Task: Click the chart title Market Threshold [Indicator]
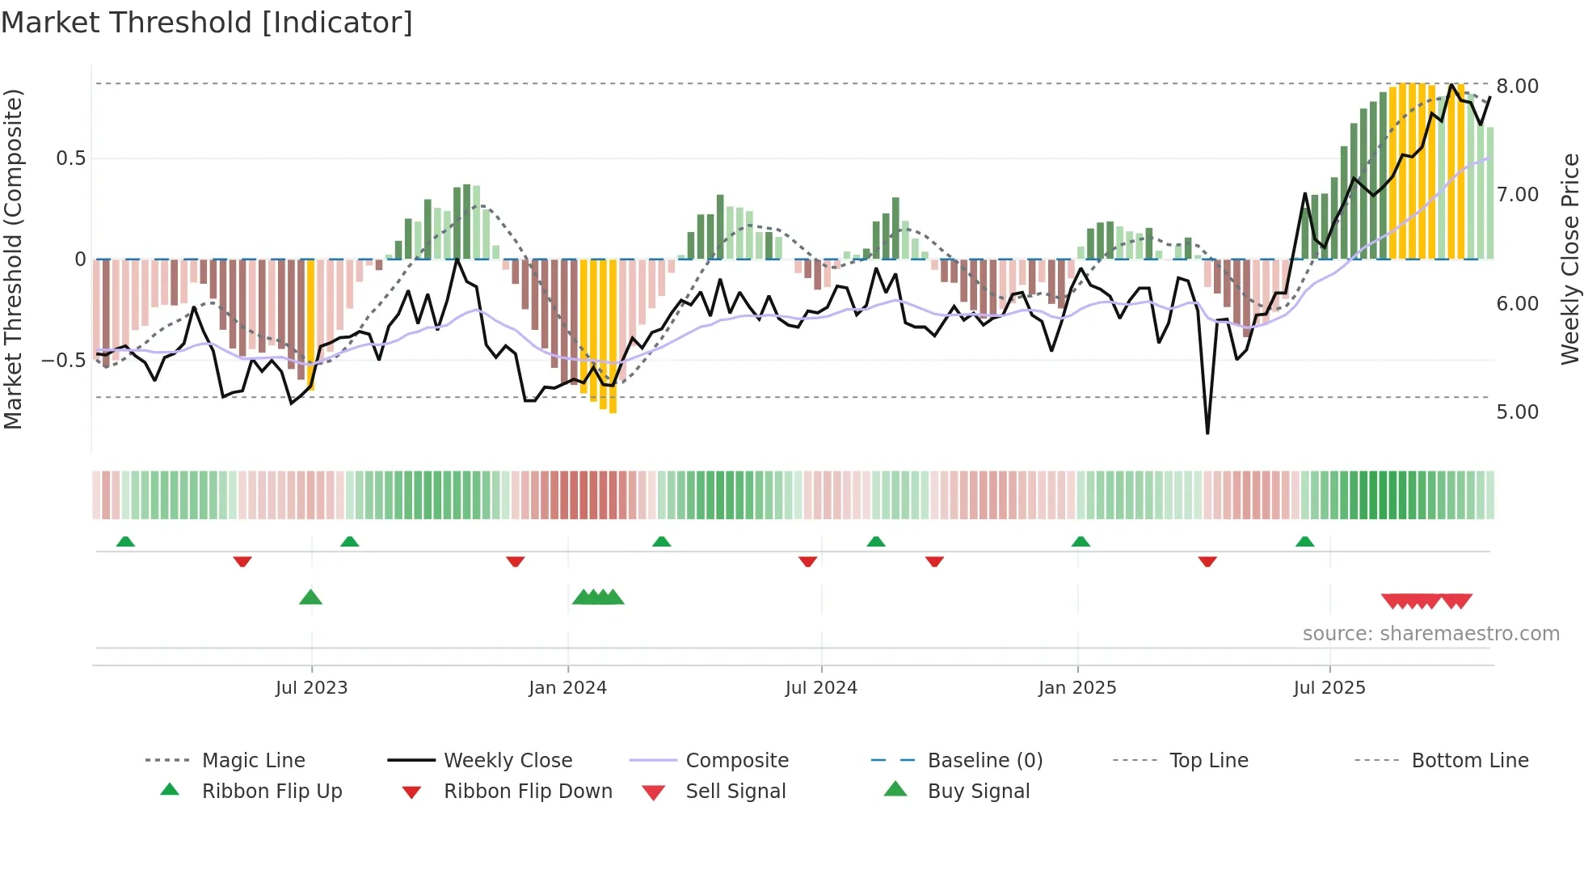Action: [x=207, y=23]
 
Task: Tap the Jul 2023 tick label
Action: [x=311, y=688]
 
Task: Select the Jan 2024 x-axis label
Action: [x=567, y=688]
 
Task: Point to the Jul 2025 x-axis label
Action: [x=1329, y=688]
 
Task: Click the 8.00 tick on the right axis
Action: [x=1517, y=87]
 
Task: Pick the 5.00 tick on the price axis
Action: [x=1517, y=412]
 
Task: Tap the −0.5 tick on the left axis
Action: [x=63, y=361]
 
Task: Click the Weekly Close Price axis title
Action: [x=1569, y=259]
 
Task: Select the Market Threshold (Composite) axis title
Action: [x=13, y=259]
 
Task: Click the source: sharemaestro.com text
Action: [x=1430, y=634]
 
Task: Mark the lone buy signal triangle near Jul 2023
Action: [x=310, y=598]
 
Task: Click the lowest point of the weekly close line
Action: [x=1207, y=433]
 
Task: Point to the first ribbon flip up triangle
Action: [x=125, y=542]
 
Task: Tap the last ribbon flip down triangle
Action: [x=1207, y=561]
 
